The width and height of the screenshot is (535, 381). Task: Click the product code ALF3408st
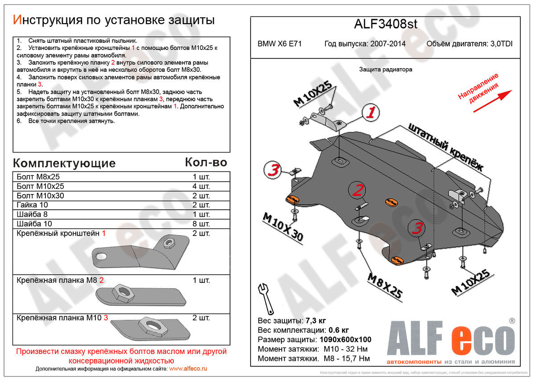point(386,24)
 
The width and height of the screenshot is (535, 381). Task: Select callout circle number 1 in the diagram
point(370,113)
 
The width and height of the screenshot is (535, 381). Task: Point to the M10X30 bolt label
point(283,227)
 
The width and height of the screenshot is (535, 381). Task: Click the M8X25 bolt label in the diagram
point(385,286)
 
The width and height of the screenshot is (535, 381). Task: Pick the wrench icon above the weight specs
point(266,298)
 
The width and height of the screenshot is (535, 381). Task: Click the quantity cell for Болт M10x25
point(201,186)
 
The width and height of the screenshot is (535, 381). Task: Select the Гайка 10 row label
point(32,205)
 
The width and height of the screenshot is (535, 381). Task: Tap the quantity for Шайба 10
point(201,224)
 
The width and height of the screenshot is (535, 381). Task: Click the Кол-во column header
point(206,162)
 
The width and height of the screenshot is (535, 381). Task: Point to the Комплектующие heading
point(64,163)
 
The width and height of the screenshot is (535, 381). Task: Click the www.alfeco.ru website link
point(189,369)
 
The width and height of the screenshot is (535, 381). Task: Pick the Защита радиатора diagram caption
point(386,70)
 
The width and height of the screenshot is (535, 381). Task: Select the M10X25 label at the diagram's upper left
point(315,95)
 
